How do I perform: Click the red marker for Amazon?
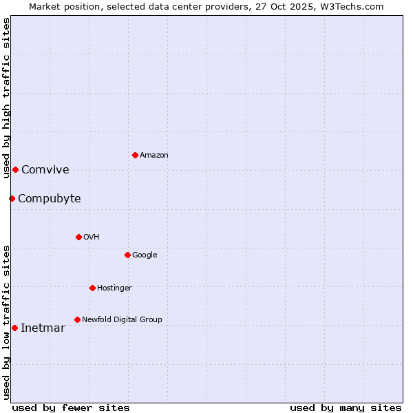[x=135, y=155]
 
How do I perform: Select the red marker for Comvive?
[x=15, y=169]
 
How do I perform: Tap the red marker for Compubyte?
[x=12, y=198]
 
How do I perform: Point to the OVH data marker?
[x=78, y=237]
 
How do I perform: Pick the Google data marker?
[x=127, y=255]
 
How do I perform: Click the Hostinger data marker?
[x=92, y=288]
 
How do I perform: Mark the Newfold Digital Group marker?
[x=77, y=319]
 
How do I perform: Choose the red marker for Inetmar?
[x=14, y=328]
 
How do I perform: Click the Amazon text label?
[x=154, y=156]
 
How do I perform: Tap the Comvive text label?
[x=45, y=170]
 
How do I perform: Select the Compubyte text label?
[x=50, y=199]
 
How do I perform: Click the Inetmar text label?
[x=43, y=328]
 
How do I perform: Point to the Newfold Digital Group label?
[x=123, y=319]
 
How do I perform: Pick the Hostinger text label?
[x=114, y=288]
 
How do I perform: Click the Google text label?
[x=145, y=255]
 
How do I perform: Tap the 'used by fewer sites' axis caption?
[x=71, y=407]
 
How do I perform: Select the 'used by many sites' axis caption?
[x=346, y=407]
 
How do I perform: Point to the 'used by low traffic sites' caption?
[x=6, y=321]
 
